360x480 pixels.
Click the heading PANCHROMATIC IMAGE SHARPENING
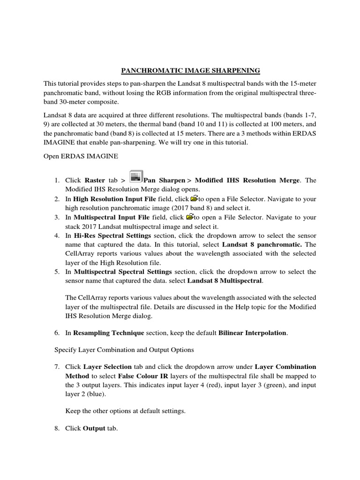pyautogui.click(x=190, y=71)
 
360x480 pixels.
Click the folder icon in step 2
pyautogui.click(x=195, y=199)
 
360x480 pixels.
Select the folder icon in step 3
pyautogui.click(x=190, y=217)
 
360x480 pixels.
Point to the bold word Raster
pyautogui.click(x=95, y=180)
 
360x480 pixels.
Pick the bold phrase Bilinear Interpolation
pyautogui.click(x=253, y=333)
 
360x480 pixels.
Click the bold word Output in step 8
pyautogui.click(x=94, y=428)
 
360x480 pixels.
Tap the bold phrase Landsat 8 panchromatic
pyautogui.click(x=262, y=244)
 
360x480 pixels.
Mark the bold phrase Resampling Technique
pyautogui.click(x=108, y=333)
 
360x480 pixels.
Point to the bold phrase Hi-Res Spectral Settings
pyautogui.click(x=112, y=235)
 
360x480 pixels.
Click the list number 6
pyautogui.click(x=56, y=333)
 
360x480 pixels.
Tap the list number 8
pyautogui.click(x=56, y=428)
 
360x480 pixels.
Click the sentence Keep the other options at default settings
pyautogui.click(x=126, y=411)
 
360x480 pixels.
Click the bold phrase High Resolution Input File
pyautogui.click(x=115, y=199)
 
